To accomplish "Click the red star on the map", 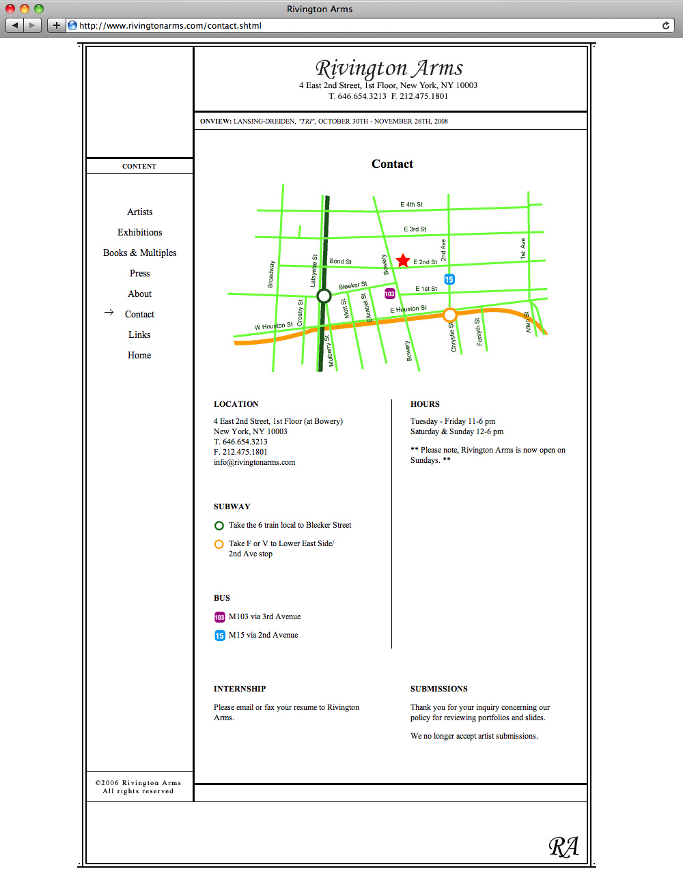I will click(x=403, y=260).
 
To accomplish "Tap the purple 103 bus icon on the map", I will click(x=389, y=294).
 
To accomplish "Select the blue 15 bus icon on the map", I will click(x=449, y=279).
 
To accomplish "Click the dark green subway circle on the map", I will click(x=324, y=296).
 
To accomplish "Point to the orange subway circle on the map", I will click(x=449, y=315).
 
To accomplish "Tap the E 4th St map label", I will click(x=411, y=204).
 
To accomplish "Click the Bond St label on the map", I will click(x=340, y=261).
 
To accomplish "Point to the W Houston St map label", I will click(x=273, y=326).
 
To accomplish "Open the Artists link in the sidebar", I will click(x=139, y=212).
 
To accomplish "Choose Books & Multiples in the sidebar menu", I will click(x=139, y=253).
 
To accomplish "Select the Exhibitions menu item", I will click(x=139, y=232).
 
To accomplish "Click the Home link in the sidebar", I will click(x=139, y=355).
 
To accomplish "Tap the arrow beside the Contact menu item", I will click(x=109, y=313).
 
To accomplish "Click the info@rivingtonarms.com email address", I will click(x=254, y=462).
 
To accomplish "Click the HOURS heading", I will click(x=425, y=404).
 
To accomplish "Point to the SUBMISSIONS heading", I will click(x=438, y=689).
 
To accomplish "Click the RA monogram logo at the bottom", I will click(x=563, y=847).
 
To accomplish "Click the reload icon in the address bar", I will click(x=666, y=25).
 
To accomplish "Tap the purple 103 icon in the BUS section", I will click(x=219, y=617).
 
